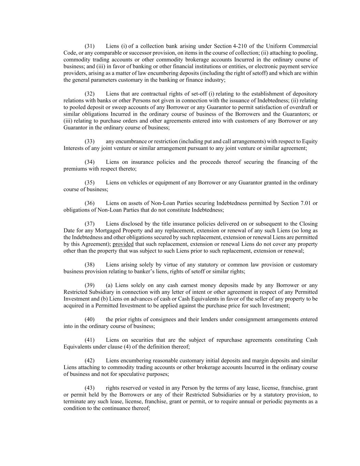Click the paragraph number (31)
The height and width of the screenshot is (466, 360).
89,46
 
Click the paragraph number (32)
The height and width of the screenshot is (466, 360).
89,94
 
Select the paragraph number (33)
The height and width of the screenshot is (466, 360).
89,142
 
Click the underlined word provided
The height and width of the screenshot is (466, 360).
123,244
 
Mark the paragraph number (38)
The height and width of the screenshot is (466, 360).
89,265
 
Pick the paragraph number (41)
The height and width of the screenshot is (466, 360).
89,340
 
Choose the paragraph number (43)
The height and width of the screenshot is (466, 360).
89,388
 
